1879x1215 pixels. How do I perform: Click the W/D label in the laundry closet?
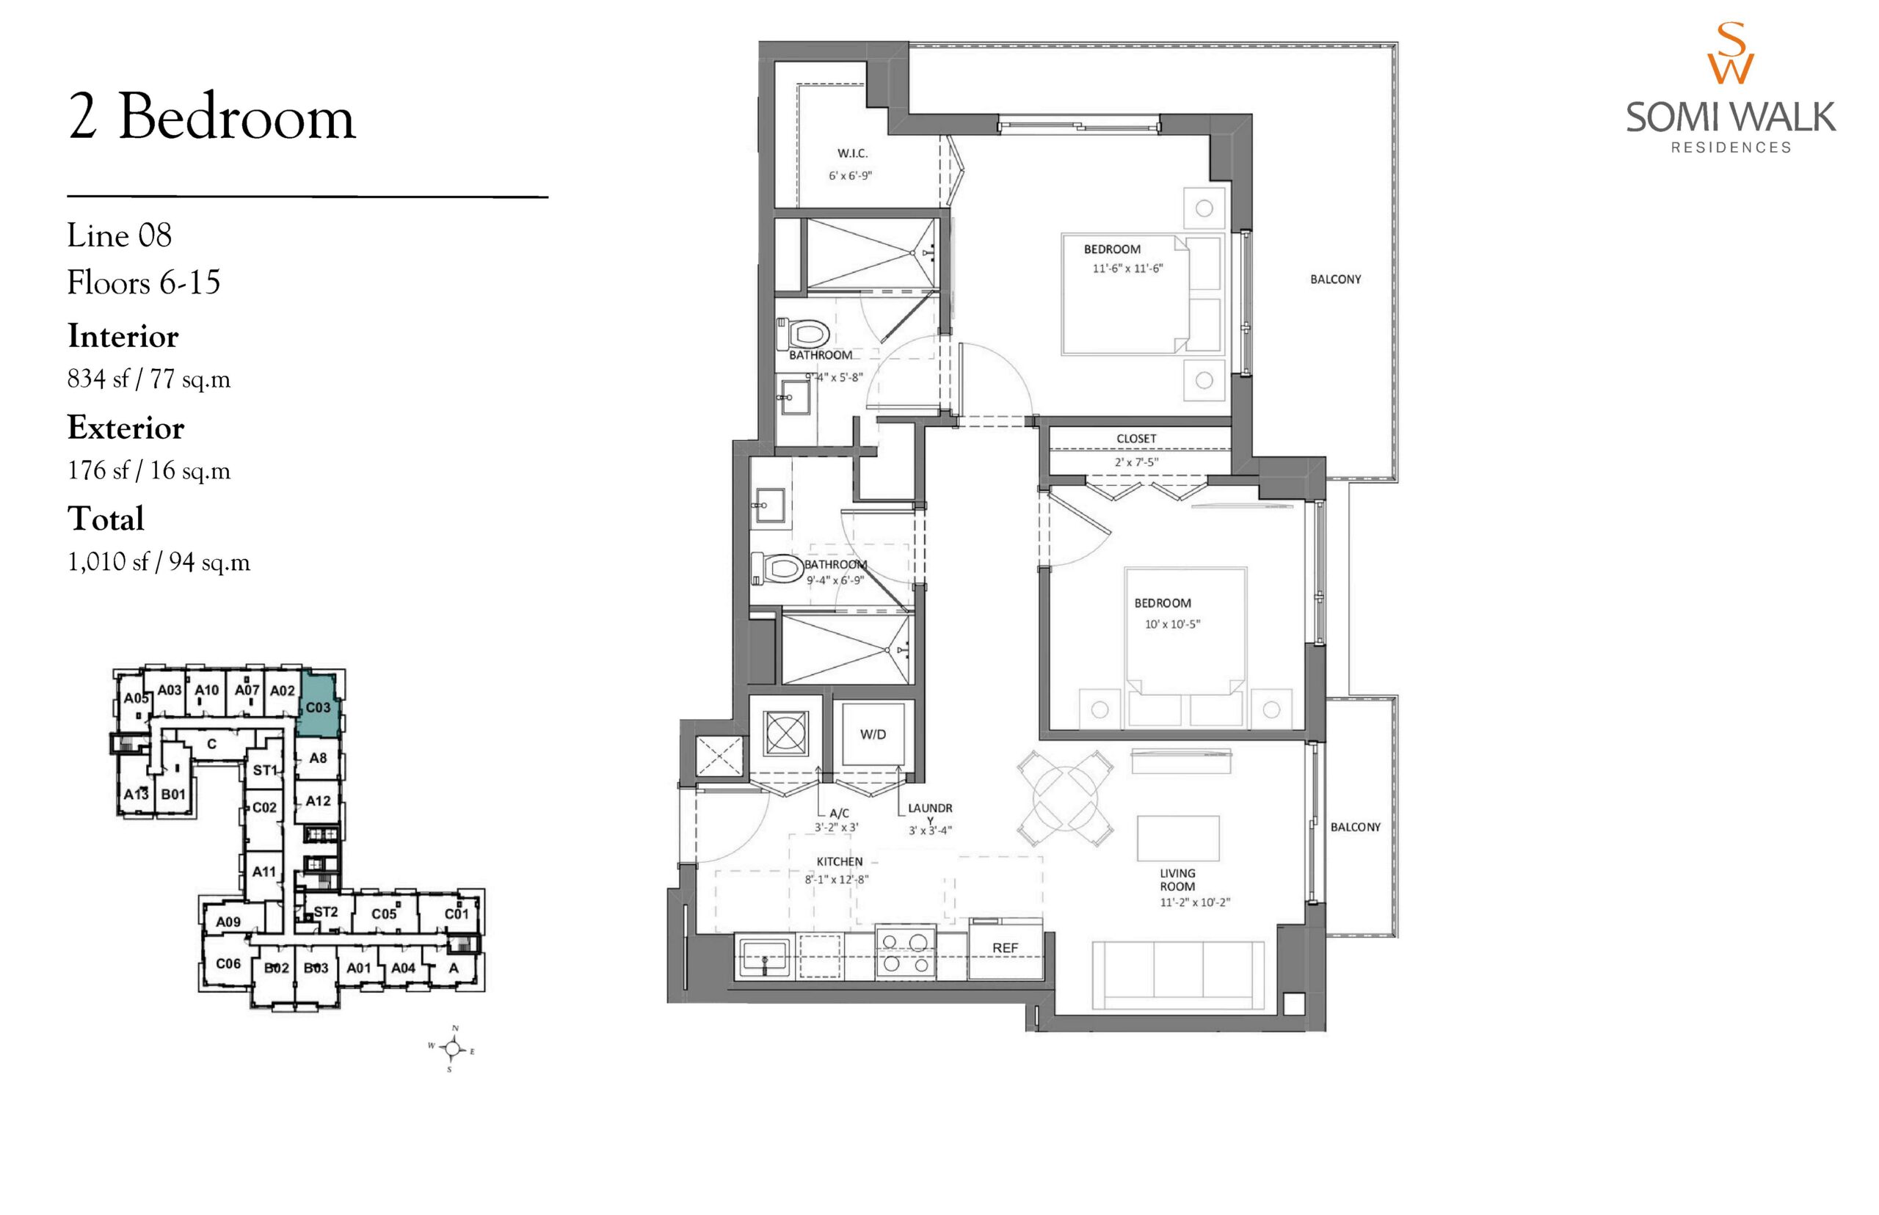pos(872,734)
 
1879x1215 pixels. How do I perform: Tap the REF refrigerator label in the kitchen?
pos(1005,947)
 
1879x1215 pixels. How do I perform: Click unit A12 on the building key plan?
pos(318,800)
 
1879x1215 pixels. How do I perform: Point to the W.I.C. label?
pos(852,153)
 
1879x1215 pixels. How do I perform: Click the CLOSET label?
pos(1135,439)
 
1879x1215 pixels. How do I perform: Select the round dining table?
pos(1064,798)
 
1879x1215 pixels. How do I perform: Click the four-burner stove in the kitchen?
pos(905,952)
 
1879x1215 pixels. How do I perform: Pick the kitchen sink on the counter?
pos(763,957)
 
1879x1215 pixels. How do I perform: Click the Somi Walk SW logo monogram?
pos(1731,54)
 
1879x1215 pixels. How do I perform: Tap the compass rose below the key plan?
pos(451,1048)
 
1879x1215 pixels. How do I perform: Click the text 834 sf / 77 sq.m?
pos(149,379)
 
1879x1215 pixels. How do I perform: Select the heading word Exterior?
pos(126,428)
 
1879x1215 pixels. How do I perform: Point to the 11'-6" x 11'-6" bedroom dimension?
pos(1127,269)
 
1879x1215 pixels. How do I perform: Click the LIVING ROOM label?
pos(1177,880)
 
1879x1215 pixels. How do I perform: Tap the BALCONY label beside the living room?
pos(1355,827)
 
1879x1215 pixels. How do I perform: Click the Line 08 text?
pos(119,235)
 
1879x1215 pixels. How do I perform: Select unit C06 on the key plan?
pos(228,963)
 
